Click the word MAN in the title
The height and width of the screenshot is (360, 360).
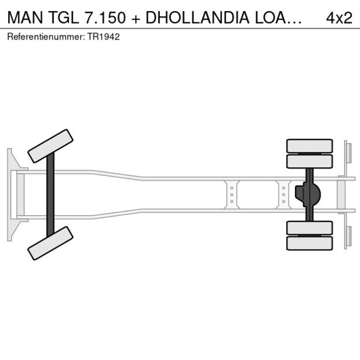[25, 17]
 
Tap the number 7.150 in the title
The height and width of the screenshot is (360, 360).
[105, 17]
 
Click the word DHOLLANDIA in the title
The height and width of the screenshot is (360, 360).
[197, 17]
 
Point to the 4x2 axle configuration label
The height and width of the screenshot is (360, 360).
[339, 17]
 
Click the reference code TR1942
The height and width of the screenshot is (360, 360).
[103, 37]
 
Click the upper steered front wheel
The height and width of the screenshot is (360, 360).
[51, 146]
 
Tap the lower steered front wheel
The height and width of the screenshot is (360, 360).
[51, 243]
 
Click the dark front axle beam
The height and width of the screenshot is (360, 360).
[51, 195]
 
